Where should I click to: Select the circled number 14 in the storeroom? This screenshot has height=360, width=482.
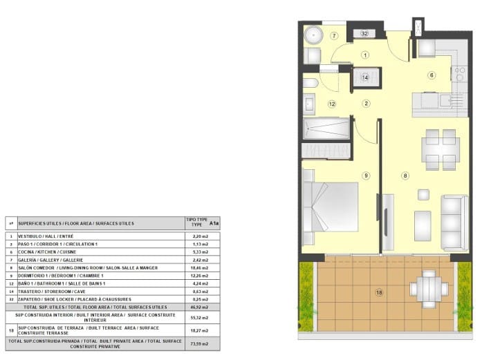[x=365, y=77]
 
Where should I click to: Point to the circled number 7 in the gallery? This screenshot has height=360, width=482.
[x=334, y=36]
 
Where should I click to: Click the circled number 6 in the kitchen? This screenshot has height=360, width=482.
[x=432, y=75]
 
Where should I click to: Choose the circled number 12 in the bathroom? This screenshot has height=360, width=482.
[x=332, y=104]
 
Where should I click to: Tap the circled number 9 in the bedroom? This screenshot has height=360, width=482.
[x=366, y=175]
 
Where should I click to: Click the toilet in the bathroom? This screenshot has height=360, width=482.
[x=310, y=84]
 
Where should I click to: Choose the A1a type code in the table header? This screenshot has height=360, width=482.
[x=214, y=223]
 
